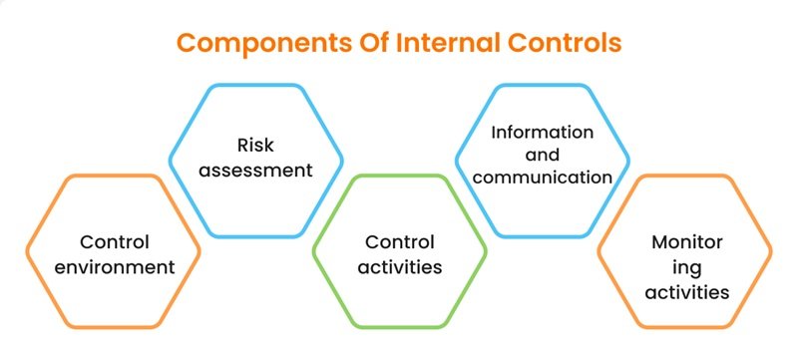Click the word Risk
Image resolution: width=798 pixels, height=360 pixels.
(255, 145)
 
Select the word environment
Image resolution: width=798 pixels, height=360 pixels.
(113, 267)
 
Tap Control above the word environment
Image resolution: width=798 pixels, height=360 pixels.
(113, 242)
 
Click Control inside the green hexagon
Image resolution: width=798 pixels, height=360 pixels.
(399, 242)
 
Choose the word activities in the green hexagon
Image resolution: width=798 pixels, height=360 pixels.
(399, 267)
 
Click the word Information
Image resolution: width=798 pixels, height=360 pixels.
(543, 132)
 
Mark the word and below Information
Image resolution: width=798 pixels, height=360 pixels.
(543, 155)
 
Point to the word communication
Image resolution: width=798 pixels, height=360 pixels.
(543, 178)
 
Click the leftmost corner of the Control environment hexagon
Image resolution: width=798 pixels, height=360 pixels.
(27, 251)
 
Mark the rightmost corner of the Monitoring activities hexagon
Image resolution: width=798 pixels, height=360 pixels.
(771, 251)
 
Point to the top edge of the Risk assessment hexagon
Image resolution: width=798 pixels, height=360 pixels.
(255, 86)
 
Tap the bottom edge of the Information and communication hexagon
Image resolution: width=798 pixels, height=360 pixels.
(543, 235)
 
